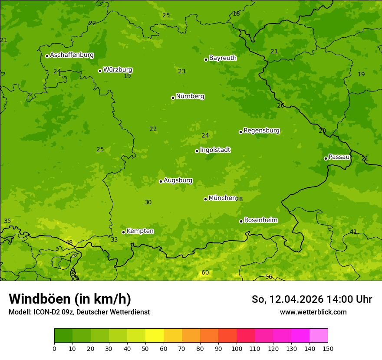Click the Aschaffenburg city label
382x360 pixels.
point(72,55)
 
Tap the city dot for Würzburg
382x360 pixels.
point(100,71)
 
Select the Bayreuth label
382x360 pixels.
point(223,58)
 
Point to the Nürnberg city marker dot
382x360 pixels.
point(173,98)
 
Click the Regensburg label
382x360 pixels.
point(261,131)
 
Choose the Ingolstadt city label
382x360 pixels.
point(215,150)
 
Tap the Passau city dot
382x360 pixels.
point(326,158)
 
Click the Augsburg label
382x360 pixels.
point(178,180)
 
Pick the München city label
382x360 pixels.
point(222,198)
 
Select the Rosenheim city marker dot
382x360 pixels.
point(241,221)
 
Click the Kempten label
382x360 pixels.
point(140,231)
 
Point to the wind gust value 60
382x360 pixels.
point(205,272)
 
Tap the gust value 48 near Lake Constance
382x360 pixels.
point(69,242)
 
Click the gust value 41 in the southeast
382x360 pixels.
point(353,232)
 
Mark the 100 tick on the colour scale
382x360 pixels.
point(237,348)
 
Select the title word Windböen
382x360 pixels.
point(40,299)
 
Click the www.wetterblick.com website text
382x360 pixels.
point(313,312)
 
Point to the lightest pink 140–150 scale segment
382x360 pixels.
point(319,336)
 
